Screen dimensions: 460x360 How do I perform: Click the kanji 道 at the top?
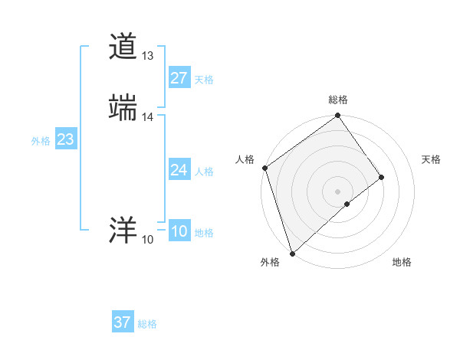(123, 47)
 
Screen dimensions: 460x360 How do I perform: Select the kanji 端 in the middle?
(123, 107)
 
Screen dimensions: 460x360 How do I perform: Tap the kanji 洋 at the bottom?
(123, 231)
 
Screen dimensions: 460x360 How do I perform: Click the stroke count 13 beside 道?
(147, 56)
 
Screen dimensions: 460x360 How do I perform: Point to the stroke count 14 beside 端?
(148, 116)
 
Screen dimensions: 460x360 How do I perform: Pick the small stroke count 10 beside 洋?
(147, 240)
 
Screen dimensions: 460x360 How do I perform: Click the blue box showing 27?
(179, 78)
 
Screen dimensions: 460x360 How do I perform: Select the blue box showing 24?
(179, 170)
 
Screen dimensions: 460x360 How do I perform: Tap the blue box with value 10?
(179, 231)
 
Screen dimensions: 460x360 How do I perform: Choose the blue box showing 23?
(65, 139)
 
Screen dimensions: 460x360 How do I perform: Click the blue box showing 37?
(122, 322)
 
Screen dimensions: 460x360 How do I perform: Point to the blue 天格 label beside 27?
(204, 80)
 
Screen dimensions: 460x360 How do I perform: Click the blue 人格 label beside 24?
(204, 172)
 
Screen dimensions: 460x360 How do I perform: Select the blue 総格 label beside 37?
(147, 324)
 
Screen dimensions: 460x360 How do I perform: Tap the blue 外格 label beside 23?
(41, 141)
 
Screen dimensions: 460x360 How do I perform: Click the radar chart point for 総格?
(337, 116)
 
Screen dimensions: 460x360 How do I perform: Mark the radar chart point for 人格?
(264, 168)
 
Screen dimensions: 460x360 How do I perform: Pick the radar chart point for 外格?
(292, 252)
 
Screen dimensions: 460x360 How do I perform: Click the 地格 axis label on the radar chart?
(402, 262)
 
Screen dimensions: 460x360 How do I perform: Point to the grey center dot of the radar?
(337, 191)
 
